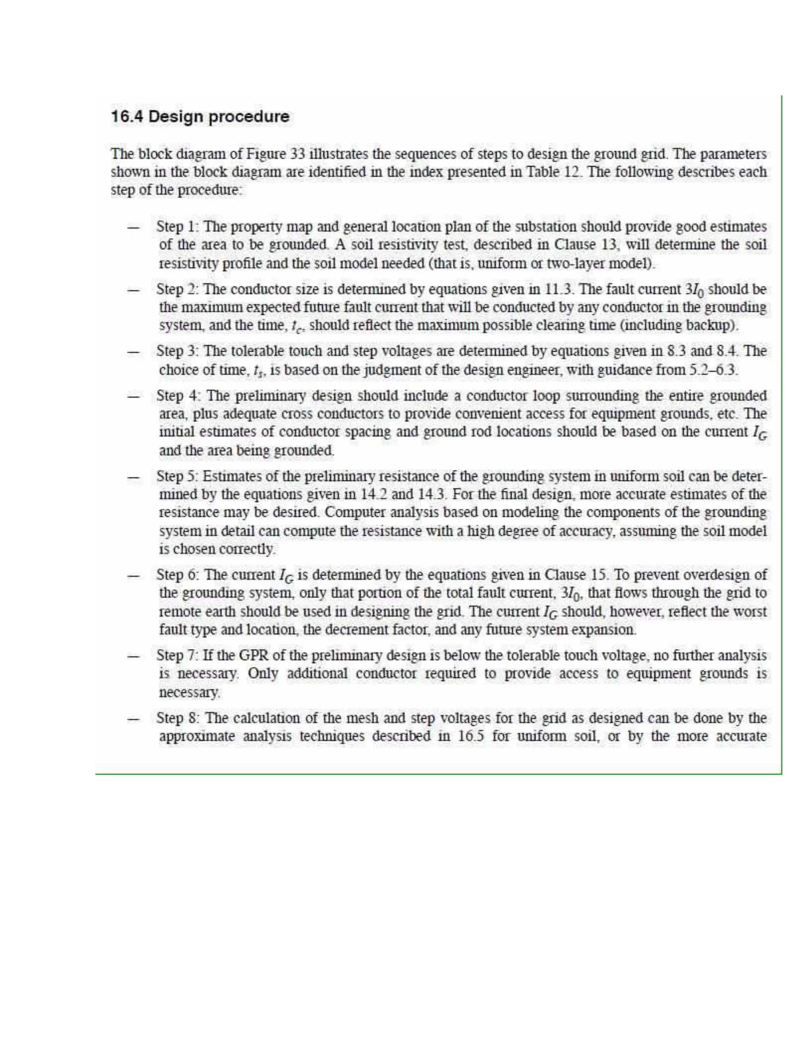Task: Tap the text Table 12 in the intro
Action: click(x=552, y=172)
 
